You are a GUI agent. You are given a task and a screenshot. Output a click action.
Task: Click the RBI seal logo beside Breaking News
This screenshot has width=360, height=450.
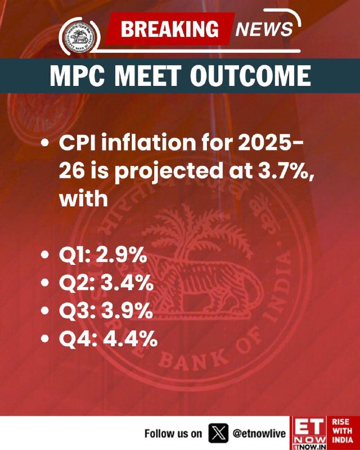coord(79,37)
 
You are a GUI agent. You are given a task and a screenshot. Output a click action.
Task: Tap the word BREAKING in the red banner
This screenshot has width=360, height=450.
coord(170,29)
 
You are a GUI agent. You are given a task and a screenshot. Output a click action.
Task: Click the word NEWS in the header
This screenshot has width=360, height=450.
coord(264,29)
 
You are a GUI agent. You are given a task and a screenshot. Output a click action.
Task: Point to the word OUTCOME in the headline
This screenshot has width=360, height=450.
coord(250,76)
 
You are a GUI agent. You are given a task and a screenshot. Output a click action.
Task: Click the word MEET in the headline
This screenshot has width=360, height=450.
coord(149,76)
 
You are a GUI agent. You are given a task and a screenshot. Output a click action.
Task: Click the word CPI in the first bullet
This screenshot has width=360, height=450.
coord(77,143)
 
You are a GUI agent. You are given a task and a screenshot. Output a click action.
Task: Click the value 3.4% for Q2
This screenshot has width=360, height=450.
coord(127,283)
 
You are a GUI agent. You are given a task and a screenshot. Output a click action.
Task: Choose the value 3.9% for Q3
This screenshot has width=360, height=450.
coord(127,311)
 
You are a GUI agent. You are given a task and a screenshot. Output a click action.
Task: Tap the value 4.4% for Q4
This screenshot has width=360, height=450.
coord(130,339)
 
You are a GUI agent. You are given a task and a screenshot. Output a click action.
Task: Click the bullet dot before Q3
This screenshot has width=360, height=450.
coord(45,310)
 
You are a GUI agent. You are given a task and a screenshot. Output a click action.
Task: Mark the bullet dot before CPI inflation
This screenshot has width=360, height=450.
coord(45,143)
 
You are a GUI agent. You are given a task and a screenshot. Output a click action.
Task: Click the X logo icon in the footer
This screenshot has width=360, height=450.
coord(218,433)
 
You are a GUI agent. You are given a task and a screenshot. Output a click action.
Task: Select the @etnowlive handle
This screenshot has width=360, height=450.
coord(259,433)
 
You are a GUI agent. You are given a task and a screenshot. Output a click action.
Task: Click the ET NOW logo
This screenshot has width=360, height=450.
coord(309,433)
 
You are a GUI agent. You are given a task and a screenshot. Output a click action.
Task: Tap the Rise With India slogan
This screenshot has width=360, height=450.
coord(343,430)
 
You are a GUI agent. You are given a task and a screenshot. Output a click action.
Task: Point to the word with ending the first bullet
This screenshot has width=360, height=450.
coord(84,199)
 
